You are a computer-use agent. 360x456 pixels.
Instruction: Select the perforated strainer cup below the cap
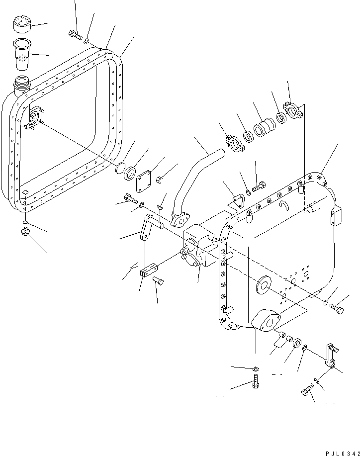pyautogui.click(x=22, y=53)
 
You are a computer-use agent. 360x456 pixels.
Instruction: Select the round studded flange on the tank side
pyautogui.click(x=34, y=119)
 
